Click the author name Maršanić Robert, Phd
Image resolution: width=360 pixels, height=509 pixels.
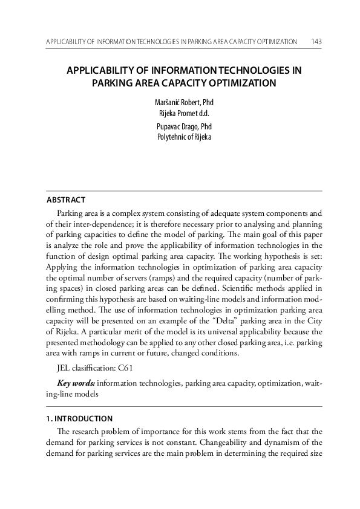[180, 102]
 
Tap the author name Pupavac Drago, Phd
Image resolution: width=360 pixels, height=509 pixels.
[180, 127]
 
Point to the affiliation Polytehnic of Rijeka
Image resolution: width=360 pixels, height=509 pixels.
[180, 137]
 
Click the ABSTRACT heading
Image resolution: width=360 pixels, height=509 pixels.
[66, 200]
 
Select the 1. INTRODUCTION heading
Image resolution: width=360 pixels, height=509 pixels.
[80, 418]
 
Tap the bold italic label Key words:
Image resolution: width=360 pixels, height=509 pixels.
[76, 383]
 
